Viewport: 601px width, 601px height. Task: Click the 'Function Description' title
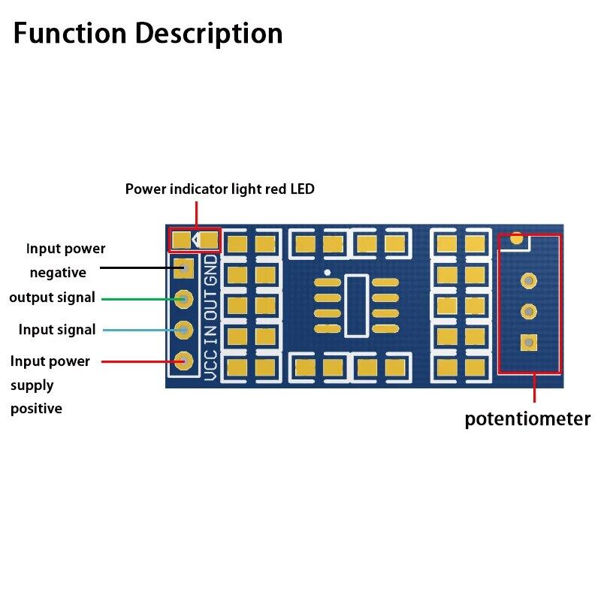pos(148,34)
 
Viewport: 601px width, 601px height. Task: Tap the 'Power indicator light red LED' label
pos(219,189)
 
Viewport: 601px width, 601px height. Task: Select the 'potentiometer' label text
pos(527,418)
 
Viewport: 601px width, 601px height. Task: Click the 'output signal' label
pos(52,297)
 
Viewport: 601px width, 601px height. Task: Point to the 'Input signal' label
pos(57,330)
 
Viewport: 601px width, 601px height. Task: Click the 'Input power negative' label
pos(65,260)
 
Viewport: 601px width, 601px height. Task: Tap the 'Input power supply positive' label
pos(50,385)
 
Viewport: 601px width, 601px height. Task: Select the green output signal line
pos(139,299)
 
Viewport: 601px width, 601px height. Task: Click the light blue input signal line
pos(139,330)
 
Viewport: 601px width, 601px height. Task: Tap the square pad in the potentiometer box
pos(529,343)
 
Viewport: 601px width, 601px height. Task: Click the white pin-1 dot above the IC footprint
pos(327,271)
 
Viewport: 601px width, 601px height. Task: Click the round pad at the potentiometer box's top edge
pos(516,239)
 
